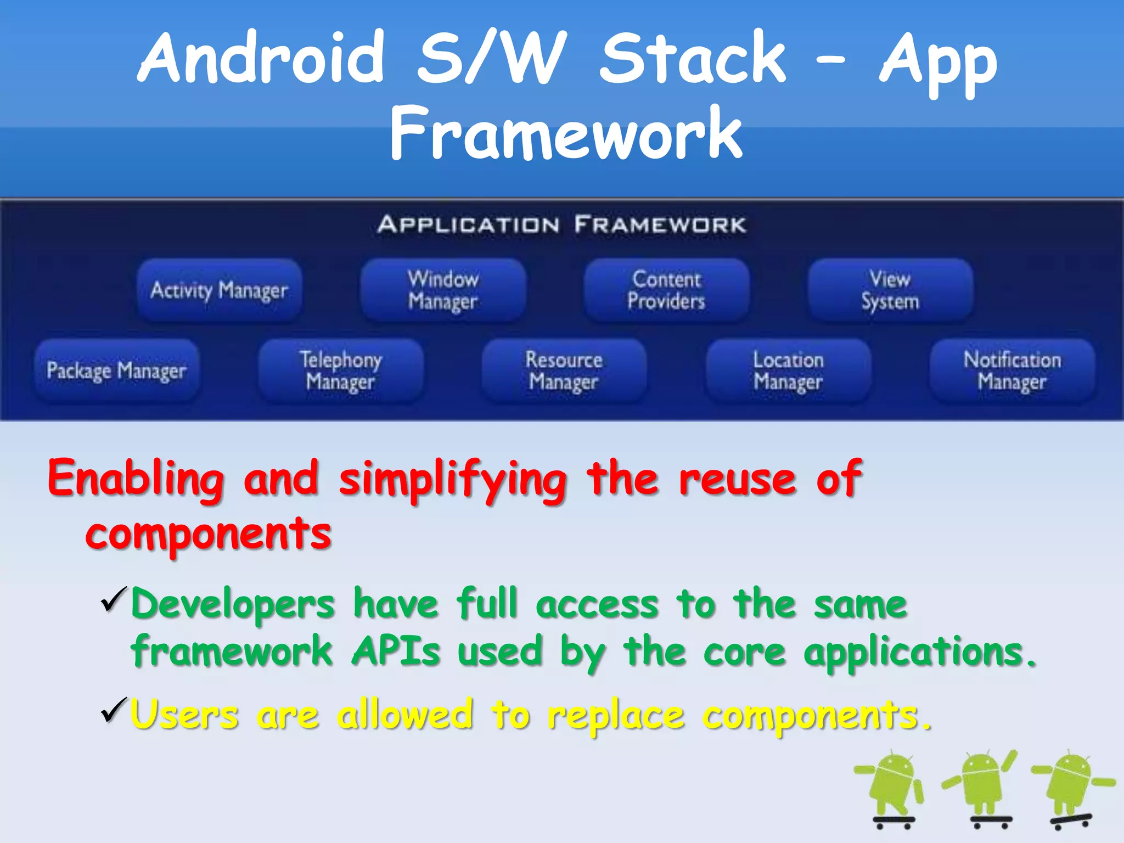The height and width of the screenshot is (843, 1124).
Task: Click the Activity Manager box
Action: point(219,290)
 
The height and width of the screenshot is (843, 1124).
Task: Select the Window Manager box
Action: point(443,290)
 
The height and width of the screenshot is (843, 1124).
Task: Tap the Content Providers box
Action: point(666,290)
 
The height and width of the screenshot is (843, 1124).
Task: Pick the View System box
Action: point(890,290)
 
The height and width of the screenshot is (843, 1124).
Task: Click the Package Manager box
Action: point(117,371)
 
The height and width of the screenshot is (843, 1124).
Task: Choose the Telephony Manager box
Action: point(341,371)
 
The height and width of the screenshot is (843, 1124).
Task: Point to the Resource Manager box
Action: point(564,371)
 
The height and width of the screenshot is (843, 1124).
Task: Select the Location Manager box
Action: point(788,371)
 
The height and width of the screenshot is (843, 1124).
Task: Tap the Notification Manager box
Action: point(1011,371)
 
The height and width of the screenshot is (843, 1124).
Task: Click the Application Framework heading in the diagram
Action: point(561,225)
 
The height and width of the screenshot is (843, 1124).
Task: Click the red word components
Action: point(209,535)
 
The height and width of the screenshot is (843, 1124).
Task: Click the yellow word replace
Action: point(616,716)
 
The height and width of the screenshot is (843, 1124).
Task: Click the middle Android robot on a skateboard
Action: point(982,785)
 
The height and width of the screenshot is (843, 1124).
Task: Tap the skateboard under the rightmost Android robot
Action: point(1070,820)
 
